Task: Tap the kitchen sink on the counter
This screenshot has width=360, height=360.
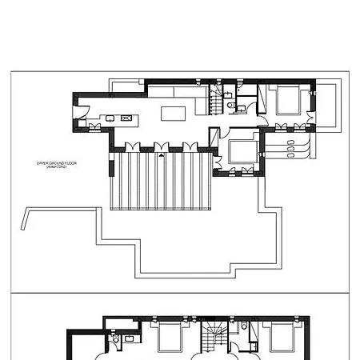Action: (x=110, y=118)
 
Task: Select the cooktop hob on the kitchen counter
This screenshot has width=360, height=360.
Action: (x=126, y=118)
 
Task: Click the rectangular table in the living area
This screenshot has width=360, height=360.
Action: (x=174, y=114)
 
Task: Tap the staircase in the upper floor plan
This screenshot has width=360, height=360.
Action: (x=217, y=100)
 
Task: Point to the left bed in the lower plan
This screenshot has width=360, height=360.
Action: (x=170, y=338)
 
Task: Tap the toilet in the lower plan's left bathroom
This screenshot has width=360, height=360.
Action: (x=117, y=340)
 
